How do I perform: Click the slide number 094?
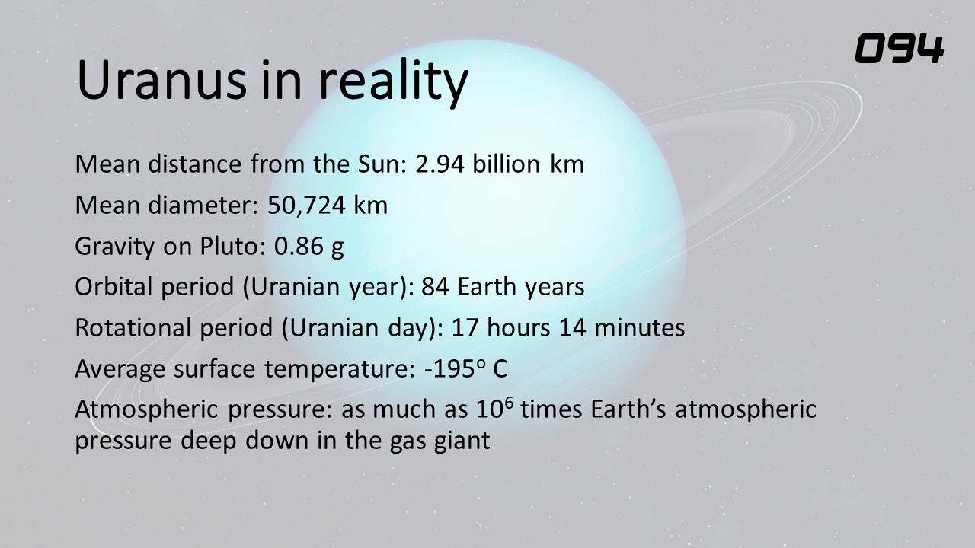click(900, 49)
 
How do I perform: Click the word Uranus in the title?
click(162, 81)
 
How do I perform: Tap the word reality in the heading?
click(394, 83)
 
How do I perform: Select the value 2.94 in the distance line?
click(440, 164)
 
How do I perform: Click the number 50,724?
click(306, 205)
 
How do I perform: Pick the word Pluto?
click(229, 246)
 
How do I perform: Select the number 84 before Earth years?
click(435, 287)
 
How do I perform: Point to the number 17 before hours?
click(465, 328)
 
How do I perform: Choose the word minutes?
click(639, 328)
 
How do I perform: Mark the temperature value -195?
click(449, 369)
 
